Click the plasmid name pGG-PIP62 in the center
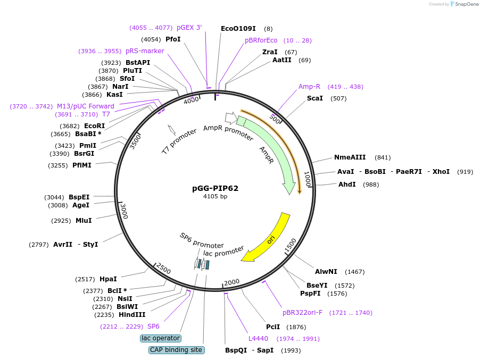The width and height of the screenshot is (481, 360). (215, 188)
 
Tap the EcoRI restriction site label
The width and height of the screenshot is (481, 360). (94, 125)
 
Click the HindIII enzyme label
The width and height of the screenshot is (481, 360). (132, 314)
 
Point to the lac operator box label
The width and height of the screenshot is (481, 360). (161, 338)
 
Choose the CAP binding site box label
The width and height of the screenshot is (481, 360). (176, 350)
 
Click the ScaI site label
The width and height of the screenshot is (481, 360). (315, 98)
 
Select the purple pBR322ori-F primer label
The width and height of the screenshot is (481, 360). (302, 312)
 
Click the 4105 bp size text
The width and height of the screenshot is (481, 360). (215, 196)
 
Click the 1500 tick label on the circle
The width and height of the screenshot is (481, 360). (290, 246)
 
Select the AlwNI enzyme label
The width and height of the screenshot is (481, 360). (326, 271)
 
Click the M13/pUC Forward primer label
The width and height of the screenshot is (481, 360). (86, 106)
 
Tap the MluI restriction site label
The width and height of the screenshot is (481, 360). (84, 220)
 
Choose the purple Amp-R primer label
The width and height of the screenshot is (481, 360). (309, 86)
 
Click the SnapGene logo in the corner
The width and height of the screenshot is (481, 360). (464, 4)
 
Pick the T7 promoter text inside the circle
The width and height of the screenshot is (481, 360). (179, 141)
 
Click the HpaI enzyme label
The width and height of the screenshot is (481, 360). (108, 279)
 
